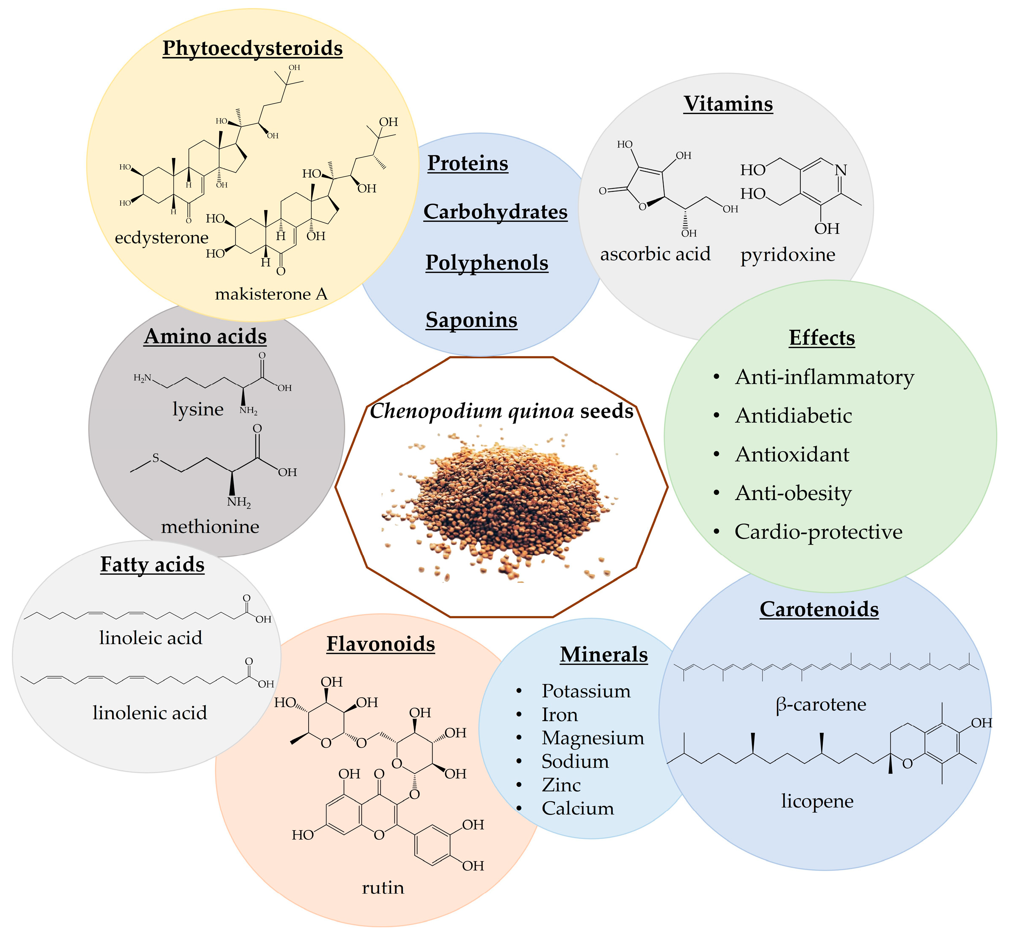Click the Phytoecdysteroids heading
click(253, 49)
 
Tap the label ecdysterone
click(162, 238)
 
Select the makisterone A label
click(271, 294)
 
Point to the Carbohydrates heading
click(495, 212)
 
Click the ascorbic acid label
click(655, 254)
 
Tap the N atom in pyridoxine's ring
click(841, 170)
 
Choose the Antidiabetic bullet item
click(793, 416)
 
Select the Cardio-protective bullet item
click(818, 532)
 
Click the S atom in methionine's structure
click(156, 458)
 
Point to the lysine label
click(198, 409)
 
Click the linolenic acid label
click(150, 713)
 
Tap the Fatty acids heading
click(152, 565)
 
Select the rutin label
click(383, 888)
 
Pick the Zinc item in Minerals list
click(561, 785)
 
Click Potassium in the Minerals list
click(586, 691)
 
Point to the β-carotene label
click(821, 705)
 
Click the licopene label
click(817, 801)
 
